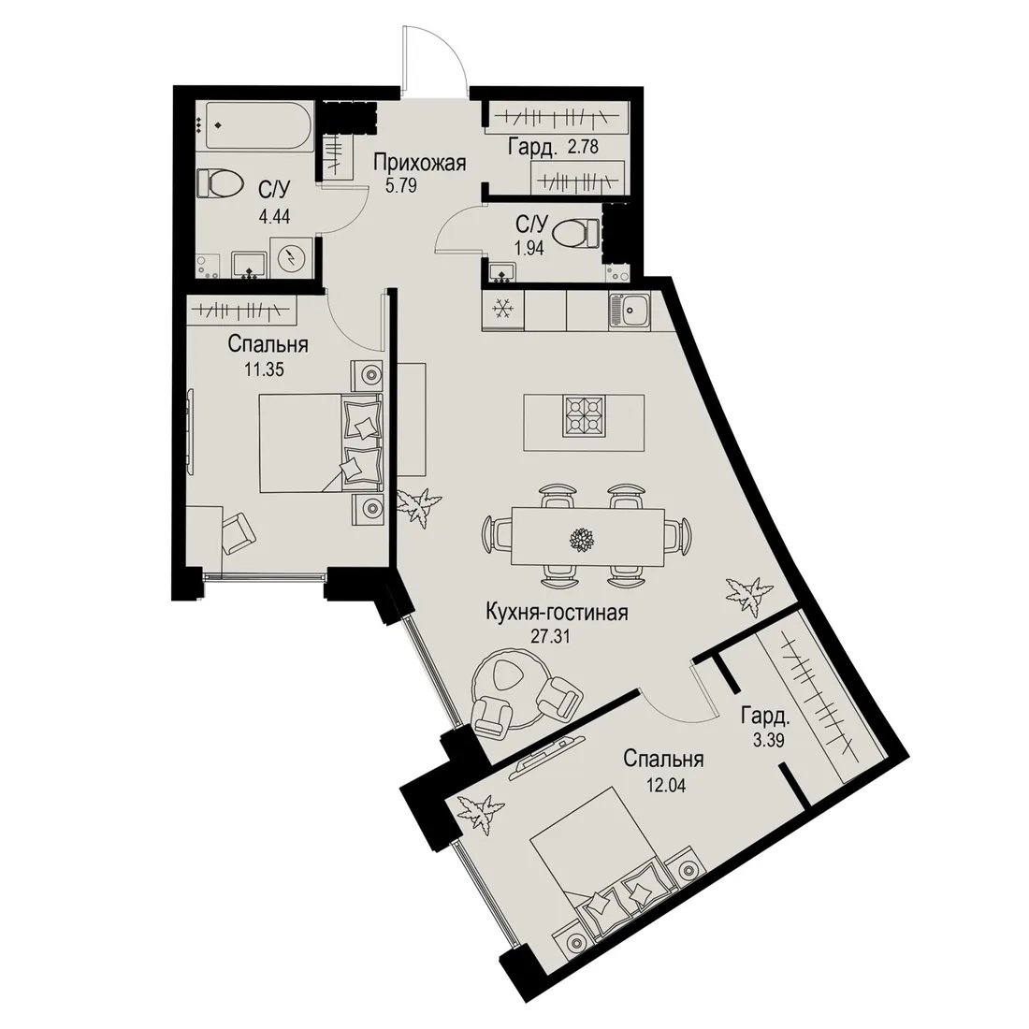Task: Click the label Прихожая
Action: point(419,162)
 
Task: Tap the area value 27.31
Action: point(550,635)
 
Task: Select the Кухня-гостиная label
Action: point(557,613)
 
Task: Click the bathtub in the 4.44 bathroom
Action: point(256,124)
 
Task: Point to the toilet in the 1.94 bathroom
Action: point(576,232)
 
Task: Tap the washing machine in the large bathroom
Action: point(288,258)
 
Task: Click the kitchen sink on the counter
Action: point(630,311)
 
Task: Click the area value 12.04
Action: point(664,784)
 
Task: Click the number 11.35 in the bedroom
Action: point(264,370)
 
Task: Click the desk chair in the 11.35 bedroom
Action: point(239,532)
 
